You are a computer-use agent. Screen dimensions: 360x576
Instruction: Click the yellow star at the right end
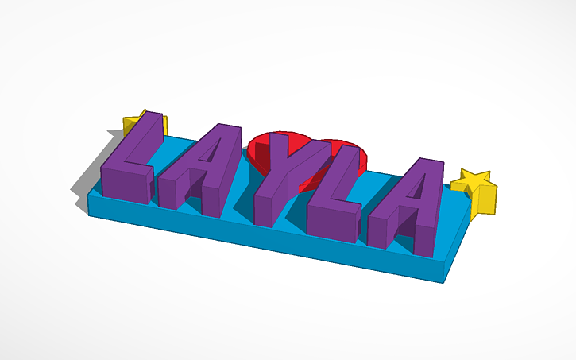point(477,191)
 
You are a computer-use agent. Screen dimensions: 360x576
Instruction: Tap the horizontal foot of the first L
point(127,183)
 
